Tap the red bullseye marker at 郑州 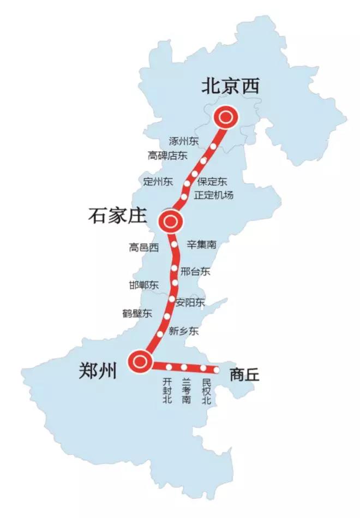(x=140, y=360)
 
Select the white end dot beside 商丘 (x=217, y=370)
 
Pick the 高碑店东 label (x=167, y=156)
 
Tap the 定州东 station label (x=158, y=181)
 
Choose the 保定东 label (x=213, y=181)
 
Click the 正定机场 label (x=214, y=195)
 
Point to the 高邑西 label (x=144, y=248)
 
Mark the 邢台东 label (x=195, y=271)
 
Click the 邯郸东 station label (x=144, y=285)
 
